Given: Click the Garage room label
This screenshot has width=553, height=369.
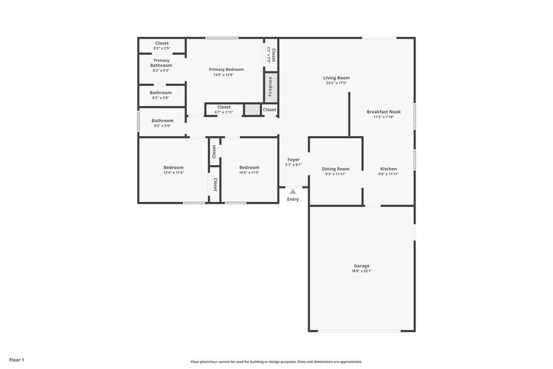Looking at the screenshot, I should point(361,265).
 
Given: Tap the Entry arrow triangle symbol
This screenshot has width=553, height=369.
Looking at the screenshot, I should point(293,191).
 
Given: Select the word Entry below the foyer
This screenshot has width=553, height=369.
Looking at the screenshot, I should point(293,200).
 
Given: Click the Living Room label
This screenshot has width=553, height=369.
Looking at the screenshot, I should point(337,78).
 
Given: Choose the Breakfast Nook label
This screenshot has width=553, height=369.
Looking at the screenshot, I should point(383,112).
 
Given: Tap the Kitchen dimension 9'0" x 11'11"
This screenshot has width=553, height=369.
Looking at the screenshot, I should point(388,174).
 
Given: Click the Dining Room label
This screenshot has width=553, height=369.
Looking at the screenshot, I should point(335,169).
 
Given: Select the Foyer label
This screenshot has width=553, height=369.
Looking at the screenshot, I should point(293,159).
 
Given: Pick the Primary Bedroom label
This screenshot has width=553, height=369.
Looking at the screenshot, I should point(226,69).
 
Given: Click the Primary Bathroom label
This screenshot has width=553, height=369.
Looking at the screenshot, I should point(161,63).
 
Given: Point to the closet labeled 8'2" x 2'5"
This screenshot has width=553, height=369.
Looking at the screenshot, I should point(161,48).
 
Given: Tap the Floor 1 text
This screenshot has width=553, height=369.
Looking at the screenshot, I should point(16,360).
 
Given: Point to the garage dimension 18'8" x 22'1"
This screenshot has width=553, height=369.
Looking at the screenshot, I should point(361,271).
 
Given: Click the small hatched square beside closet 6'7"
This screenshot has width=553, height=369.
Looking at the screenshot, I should point(251,110).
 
